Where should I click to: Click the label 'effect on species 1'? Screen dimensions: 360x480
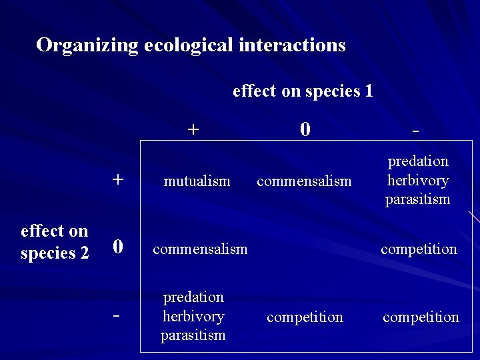coord(303,91)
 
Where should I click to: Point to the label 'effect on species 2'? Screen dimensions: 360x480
coord(55,242)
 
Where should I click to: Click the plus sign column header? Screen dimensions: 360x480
coord(193,129)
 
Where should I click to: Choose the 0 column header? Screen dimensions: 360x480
coord(305,129)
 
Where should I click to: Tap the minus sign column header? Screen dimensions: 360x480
coord(416,131)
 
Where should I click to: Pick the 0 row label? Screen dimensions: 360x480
coord(117,247)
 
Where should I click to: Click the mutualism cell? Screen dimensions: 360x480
coord(197,181)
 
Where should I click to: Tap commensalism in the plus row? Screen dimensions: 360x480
coord(304,181)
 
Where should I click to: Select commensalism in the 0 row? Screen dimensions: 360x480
coord(200,249)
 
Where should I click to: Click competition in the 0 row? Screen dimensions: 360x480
coord(419,249)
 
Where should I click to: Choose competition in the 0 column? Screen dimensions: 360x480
coord(305,317)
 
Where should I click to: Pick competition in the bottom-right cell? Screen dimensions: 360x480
coord(421,317)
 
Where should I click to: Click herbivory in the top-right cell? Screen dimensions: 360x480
coord(418,180)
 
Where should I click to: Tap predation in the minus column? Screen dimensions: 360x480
coord(418,161)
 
